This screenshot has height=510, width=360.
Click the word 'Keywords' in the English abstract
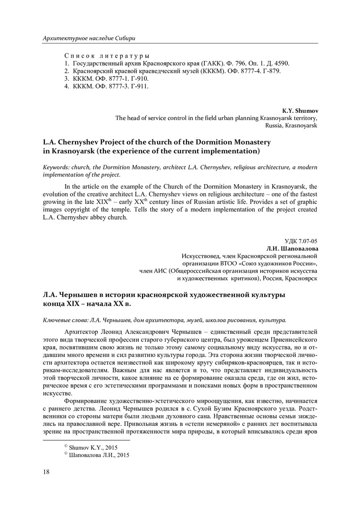pos(56,168)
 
